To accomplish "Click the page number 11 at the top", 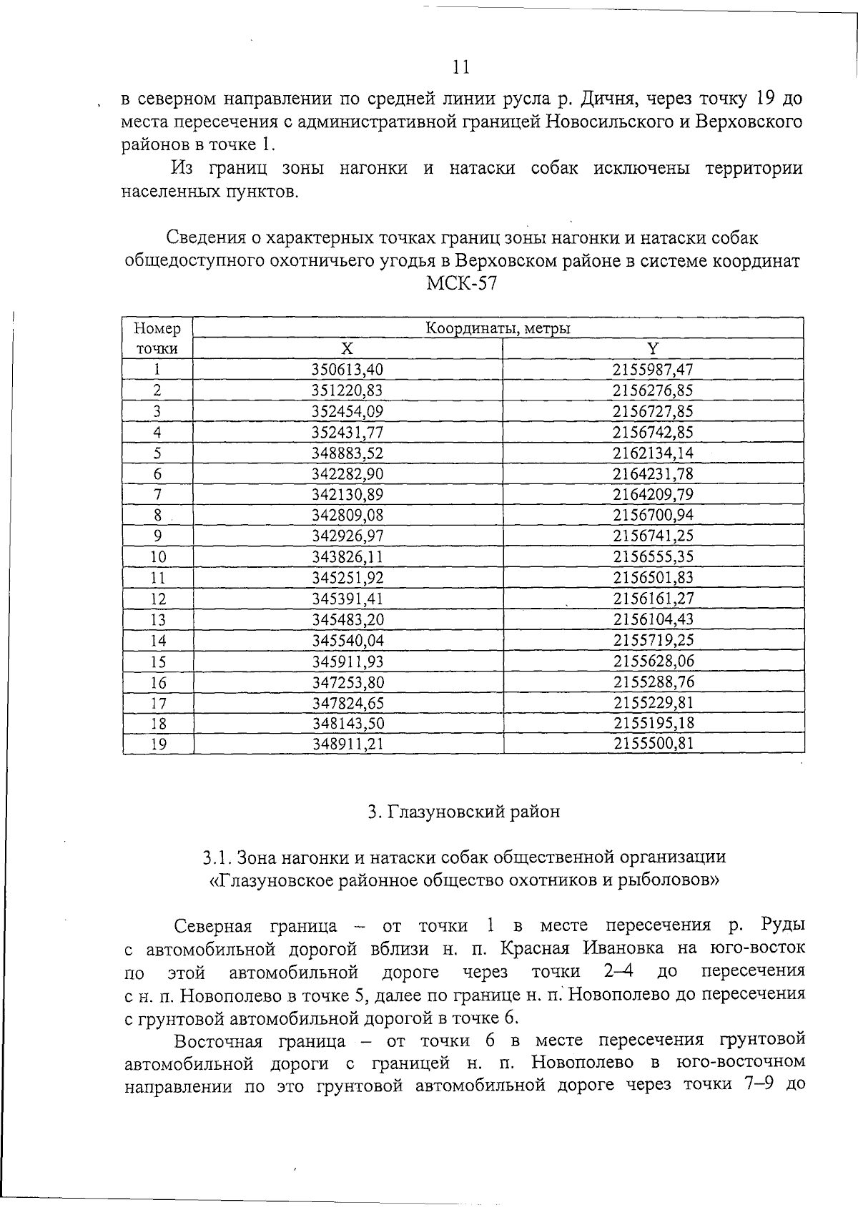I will click(461, 67).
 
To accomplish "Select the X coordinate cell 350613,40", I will click(348, 370).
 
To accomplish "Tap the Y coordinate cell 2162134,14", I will click(653, 453).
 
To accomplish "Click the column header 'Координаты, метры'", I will click(498, 328).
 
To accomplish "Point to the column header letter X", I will click(347, 349).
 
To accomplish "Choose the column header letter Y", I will click(652, 349).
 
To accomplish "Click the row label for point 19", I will click(158, 744).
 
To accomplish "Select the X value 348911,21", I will click(348, 744).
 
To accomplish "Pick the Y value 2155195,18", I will click(653, 723).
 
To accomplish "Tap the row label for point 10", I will click(158, 557).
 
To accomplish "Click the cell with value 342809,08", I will click(348, 515).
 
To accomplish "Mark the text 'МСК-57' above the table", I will click(461, 284).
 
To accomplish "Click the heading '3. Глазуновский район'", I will click(463, 812).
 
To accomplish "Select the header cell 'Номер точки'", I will click(157, 338).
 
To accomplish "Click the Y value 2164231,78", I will click(653, 473).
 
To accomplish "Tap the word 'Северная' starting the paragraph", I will click(213, 926).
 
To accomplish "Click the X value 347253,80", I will click(348, 682).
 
